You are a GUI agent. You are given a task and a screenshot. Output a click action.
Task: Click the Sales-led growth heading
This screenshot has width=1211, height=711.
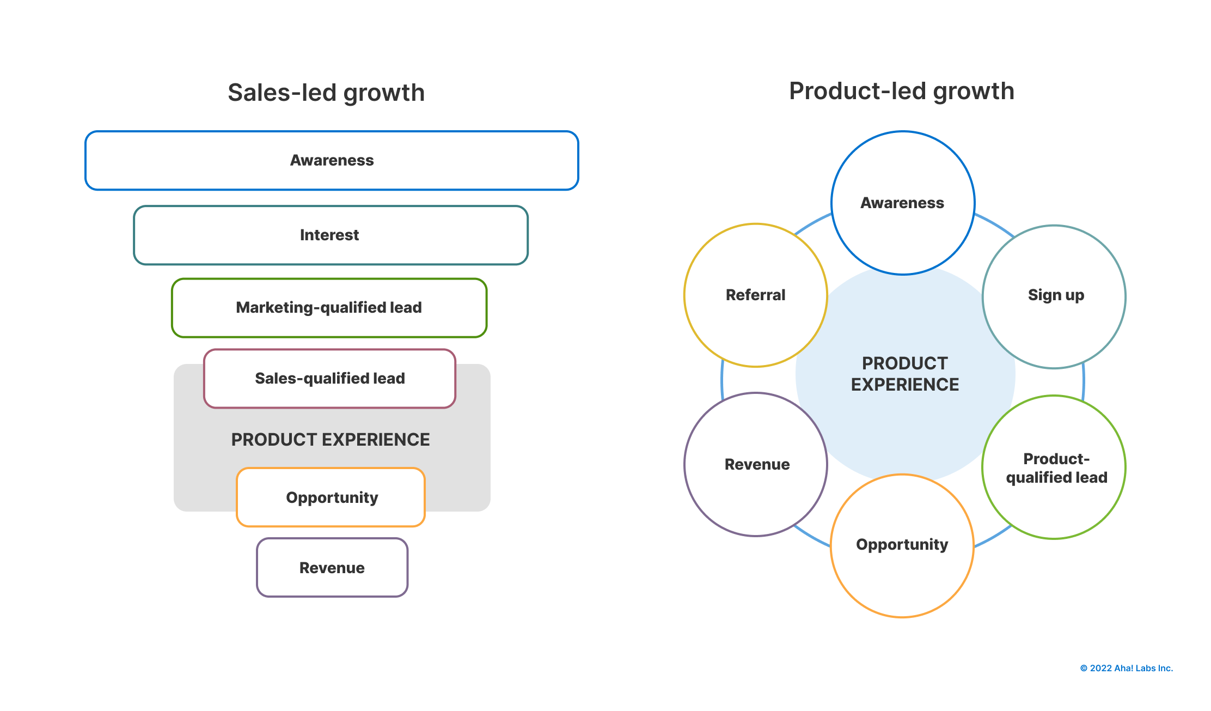pyautogui.click(x=326, y=93)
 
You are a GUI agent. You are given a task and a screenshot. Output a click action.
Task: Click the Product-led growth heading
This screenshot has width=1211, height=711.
pyautogui.click(x=901, y=91)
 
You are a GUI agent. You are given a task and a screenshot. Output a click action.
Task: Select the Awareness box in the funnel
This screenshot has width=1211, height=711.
pyautogui.click(x=332, y=160)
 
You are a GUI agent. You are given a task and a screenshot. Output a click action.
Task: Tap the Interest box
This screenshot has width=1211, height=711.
pyautogui.click(x=330, y=235)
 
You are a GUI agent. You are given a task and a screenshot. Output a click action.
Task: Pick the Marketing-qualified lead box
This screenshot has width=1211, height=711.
pyautogui.click(x=329, y=307)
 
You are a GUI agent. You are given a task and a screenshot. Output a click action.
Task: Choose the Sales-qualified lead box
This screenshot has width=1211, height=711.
pyautogui.click(x=329, y=378)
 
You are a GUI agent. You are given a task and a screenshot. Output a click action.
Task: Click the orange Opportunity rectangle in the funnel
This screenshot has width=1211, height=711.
pyautogui.click(x=331, y=497)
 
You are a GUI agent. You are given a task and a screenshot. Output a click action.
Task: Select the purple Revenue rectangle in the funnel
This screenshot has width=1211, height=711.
pyautogui.click(x=332, y=567)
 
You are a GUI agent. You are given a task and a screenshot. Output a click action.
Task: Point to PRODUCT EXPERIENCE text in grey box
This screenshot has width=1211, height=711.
pyautogui.click(x=331, y=439)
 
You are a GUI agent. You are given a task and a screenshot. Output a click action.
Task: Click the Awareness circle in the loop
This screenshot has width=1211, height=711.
pyautogui.click(x=902, y=203)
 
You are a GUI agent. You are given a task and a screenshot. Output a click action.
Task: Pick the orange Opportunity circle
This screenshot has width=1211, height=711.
pyautogui.click(x=902, y=545)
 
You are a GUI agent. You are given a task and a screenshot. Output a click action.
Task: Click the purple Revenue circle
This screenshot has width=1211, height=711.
pyautogui.click(x=756, y=464)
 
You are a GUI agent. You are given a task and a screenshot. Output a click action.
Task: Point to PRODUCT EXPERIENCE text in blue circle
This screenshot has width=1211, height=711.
pyautogui.click(x=904, y=374)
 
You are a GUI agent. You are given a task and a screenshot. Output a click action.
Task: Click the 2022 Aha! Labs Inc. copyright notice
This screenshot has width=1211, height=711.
pyautogui.click(x=1126, y=668)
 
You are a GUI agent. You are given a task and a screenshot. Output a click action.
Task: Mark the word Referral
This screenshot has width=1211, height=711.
pyautogui.click(x=755, y=295)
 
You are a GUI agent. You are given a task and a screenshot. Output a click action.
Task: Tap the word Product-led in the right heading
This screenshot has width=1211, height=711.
pyautogui.click(x=857, y=91)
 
